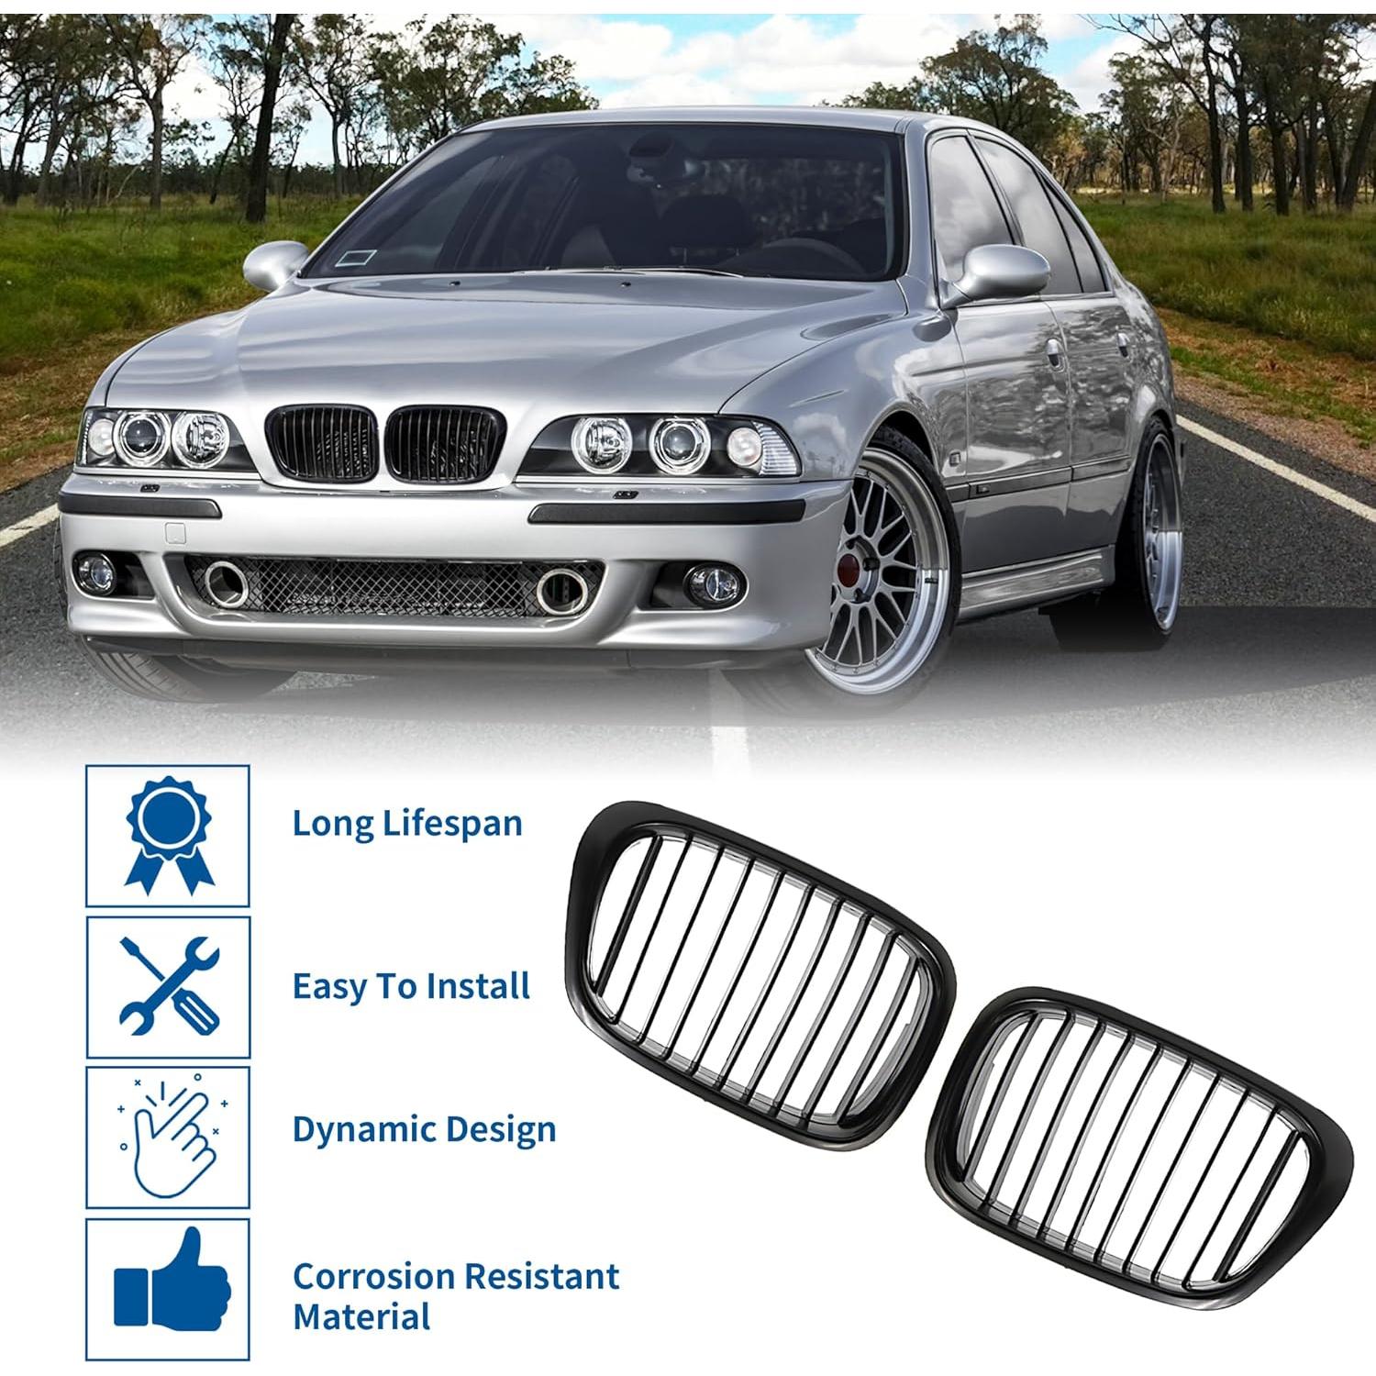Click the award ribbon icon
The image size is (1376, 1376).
point(168,836)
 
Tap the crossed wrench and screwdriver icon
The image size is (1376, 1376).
point(169,986)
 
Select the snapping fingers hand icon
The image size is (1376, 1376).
point(169,1137)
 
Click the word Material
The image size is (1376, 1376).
point(361,1317)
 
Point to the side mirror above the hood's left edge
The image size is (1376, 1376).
point(272,263)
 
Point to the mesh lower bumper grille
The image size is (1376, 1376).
point(394,586)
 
